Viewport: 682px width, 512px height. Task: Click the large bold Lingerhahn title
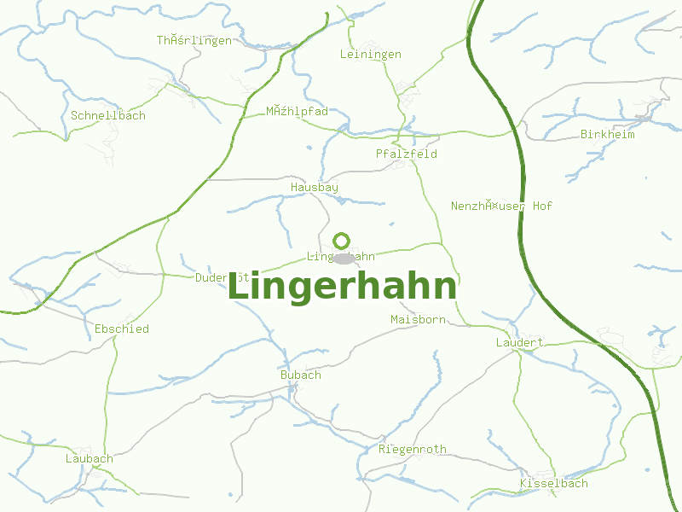click(342, 288)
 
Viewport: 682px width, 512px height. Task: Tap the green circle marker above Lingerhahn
click(341, 241)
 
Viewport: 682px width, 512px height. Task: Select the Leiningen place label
click(370, 55)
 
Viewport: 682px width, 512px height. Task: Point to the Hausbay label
click(315, 187)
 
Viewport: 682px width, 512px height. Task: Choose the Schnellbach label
click(108, 116)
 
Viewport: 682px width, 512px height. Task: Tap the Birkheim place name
click(608, 135)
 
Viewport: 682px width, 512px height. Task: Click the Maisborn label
click(418, 320)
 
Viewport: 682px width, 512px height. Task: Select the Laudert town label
click(520, 343)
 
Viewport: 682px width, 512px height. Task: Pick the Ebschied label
click(122, 329)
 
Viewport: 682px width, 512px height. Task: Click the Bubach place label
click(301, 375)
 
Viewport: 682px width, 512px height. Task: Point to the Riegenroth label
click(413, 450)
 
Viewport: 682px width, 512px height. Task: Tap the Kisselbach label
click(554, 484)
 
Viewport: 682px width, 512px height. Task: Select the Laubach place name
click(90, 459)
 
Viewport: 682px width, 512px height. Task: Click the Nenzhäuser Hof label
click(502, 207)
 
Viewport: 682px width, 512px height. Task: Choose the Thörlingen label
click(194, 41)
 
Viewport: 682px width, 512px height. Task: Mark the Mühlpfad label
click(297, 112)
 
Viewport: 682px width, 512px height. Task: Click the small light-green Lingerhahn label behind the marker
click(319, 257)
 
